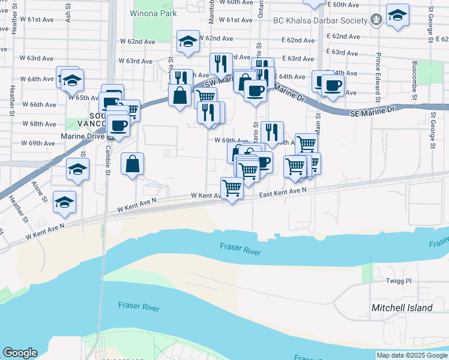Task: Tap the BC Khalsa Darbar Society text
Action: tap(320, 20)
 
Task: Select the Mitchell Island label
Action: tap(402, 308)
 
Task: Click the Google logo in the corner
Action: tap(20, 353)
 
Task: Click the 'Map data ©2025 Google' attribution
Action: tap(412, 355)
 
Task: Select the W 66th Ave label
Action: tap(43, 104)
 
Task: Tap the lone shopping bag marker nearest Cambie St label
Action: tap(132, 163)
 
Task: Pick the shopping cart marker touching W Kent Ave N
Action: tap(232, 188)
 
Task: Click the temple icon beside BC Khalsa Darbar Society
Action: tap(376, 20)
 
